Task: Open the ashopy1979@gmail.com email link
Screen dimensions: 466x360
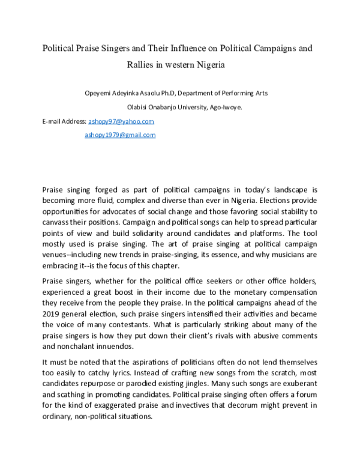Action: coord(120,135)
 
